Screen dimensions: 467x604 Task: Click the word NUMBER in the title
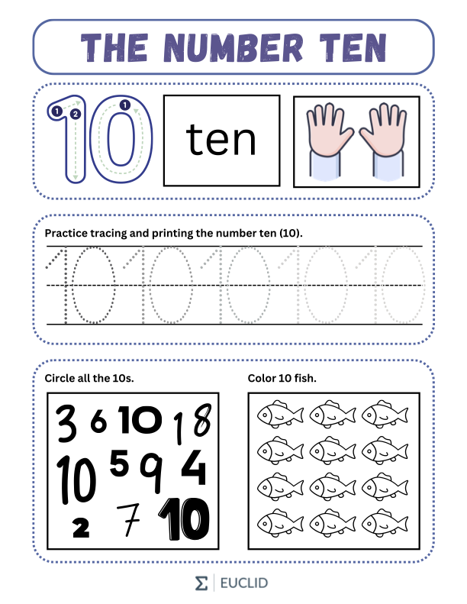233,47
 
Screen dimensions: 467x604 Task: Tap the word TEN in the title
353,47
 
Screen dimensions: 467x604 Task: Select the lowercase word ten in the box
221,140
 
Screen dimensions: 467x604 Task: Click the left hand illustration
328,141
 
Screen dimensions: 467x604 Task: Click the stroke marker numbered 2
76,114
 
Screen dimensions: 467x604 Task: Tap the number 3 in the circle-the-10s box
67,422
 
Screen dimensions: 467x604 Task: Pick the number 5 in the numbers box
119,463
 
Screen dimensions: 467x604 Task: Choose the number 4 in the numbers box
194,467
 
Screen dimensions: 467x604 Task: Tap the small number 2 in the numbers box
81,528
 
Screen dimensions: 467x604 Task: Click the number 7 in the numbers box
129,519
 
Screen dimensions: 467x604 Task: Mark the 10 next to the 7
185,519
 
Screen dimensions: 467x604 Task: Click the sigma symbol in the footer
201,583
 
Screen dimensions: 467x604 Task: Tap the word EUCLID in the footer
243,583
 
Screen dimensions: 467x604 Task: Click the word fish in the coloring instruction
305,378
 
